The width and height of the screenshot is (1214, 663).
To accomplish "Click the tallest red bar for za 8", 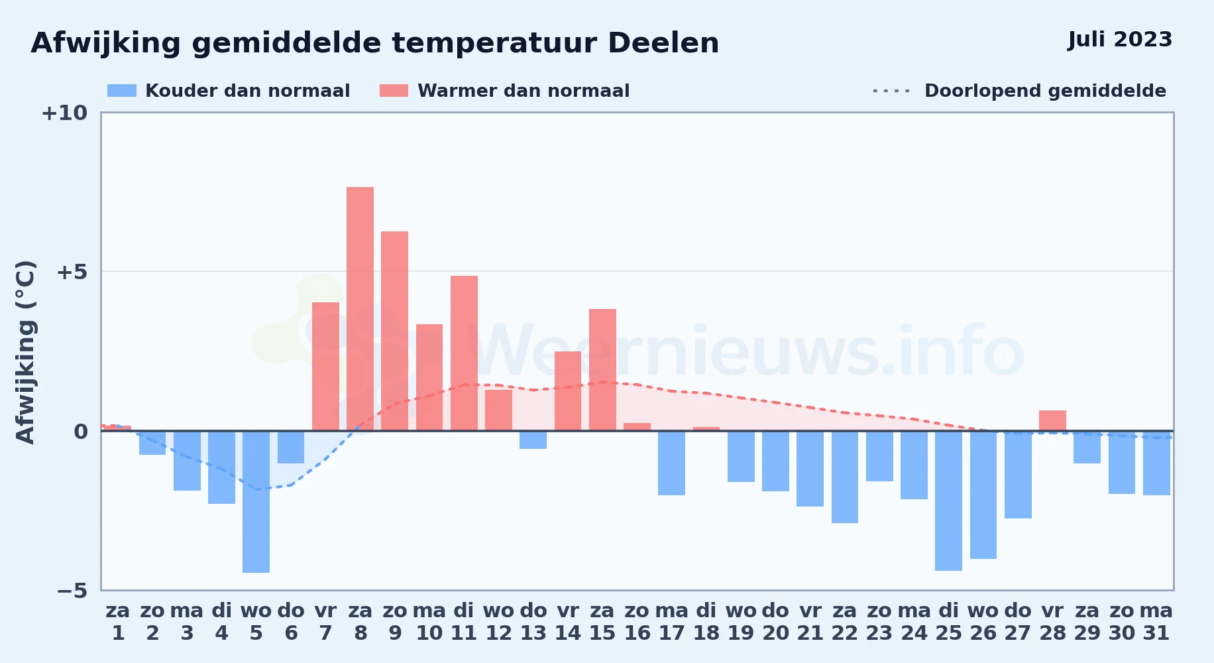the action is pos(360,309).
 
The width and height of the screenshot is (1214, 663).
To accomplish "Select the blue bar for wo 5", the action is pos(256,502).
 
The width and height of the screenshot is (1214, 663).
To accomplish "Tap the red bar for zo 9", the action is pos(394,331).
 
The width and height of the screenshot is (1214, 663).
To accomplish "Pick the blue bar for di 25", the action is pos(948,501).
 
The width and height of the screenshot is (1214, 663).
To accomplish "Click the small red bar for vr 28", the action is pos(1052,420).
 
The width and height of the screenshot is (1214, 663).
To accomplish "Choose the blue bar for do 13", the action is pos(533,440).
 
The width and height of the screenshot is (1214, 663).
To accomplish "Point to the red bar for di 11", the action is pos(464,353).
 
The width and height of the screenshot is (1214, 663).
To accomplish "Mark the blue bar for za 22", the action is pos(845,477).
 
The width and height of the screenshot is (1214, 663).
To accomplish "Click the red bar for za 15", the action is pos(602,370).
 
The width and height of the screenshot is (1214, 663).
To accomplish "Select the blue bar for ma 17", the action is pos(671,463).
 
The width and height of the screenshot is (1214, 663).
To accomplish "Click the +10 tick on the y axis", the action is pos(64,113).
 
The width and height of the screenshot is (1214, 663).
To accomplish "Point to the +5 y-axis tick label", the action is pos(72,272).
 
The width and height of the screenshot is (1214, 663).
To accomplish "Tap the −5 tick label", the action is pos(72,590).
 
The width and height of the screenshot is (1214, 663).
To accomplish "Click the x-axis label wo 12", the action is pos(498,621).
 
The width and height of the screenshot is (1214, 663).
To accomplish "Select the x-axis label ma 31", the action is pos(1156,621).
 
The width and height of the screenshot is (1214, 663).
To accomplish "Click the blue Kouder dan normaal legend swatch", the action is pos(122,91).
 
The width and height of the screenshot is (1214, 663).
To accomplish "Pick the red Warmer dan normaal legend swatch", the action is pos(394,91).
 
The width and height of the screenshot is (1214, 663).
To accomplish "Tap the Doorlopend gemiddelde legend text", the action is pos(1045,91).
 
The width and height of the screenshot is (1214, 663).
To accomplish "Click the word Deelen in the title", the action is pos(663,43).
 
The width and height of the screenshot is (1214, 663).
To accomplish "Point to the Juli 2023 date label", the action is pos(1120,39).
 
